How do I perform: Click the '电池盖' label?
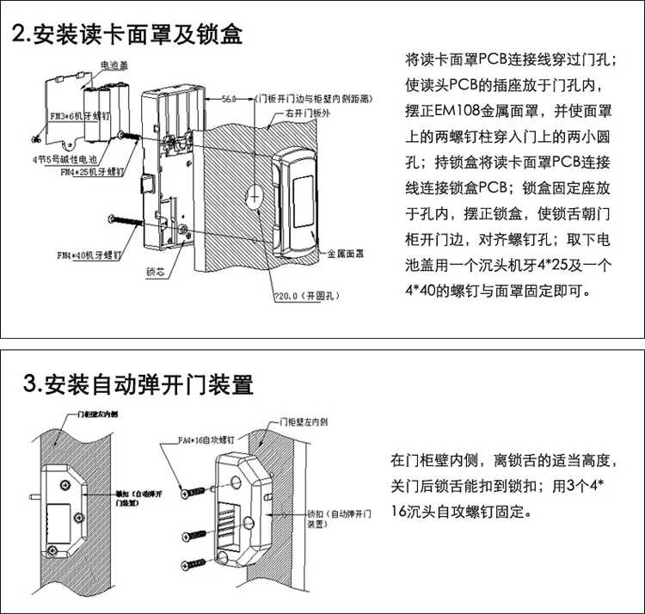[114, 64]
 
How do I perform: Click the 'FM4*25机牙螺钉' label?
[90, 172]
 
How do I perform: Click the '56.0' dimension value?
[228, 99]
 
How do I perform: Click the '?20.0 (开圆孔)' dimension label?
[302, 297]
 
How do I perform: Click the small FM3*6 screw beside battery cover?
[35, 138]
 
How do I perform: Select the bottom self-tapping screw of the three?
[193, 564]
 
